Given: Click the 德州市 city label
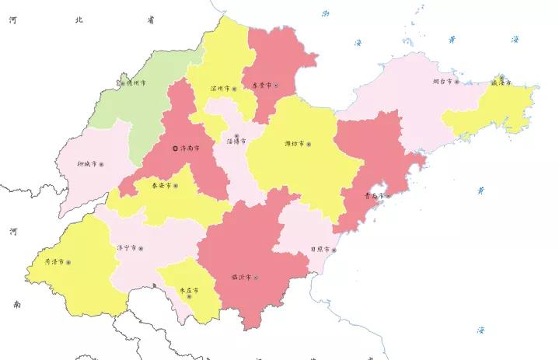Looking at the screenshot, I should [135, 82].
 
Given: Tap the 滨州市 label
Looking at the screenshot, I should [221, 89].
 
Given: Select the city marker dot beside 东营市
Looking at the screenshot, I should [275, 85].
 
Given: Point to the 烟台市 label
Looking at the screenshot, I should [442, 81].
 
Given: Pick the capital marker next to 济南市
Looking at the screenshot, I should [175, 148].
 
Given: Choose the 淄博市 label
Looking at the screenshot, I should [236, 142].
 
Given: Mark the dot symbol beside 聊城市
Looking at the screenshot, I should [101, 165].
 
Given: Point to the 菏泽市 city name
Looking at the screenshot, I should [54, 262].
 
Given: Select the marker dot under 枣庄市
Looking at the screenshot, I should [188, 297].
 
